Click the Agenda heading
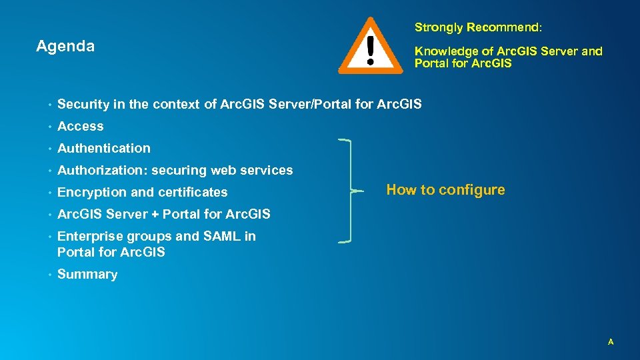point(65,47)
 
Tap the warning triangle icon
point(370,47)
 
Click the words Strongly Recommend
point(478,27)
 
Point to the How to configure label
point(445,190)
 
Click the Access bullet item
point(81,126)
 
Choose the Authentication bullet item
point(104,148)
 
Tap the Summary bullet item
point(87,275)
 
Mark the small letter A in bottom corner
point(610,342)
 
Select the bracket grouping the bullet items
point(348,191)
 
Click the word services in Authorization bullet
point(265,171)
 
